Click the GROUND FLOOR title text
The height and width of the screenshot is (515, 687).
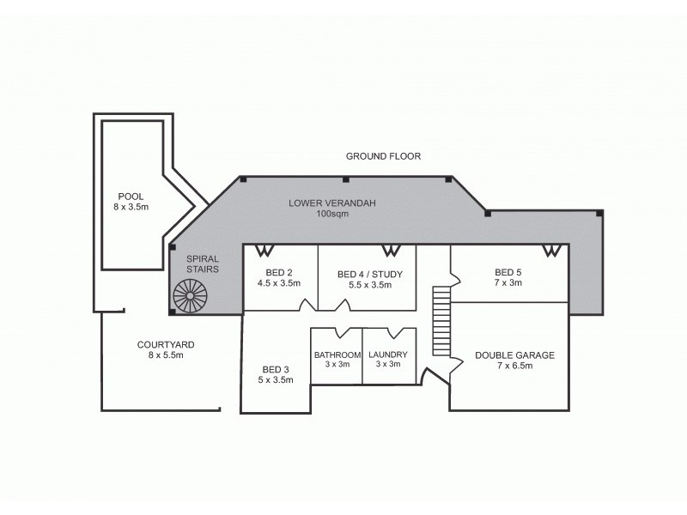click(x=383, y=156)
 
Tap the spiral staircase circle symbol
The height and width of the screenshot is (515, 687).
click(x=190, y=296)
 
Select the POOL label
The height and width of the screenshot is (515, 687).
click(x=131, y=195)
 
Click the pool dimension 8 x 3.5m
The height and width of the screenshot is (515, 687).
click(x=131, y=207)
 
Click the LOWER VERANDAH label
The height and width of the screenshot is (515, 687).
click(x=332, y=203)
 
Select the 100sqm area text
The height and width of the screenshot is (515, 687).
click(x=332, y=214)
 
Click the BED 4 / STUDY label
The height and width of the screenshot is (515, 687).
click(x=370, y=274)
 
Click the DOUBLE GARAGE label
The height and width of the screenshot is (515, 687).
click(x=514, y=354)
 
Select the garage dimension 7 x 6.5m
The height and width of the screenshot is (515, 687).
click(x=514, y=366)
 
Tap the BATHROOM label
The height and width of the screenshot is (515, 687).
click(x=337, y=354)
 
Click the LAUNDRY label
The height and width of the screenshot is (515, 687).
click(x=387, y=354)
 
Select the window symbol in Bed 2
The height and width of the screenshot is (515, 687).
click(x=264, y=250)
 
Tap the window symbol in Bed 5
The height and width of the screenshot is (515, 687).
click(x=552, y=250)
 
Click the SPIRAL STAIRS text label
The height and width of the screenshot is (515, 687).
click(x=203, y=263)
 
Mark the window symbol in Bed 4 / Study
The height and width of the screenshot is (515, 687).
click(x=391, y=250)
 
